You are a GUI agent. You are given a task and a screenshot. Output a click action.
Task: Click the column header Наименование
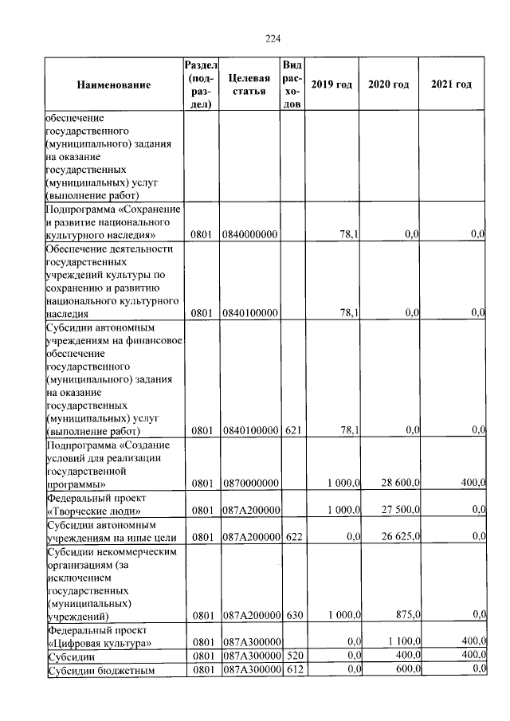pos(114,84)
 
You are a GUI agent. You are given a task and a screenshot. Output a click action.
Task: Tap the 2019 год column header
pos(331,84)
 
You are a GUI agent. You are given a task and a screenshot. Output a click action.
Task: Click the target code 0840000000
pos(249,235)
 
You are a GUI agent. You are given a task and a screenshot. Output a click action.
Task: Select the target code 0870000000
pos(249,483)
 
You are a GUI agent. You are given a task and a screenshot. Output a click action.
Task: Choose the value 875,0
pos(406,615)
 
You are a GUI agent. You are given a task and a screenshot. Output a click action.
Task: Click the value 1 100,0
pos(402,642)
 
